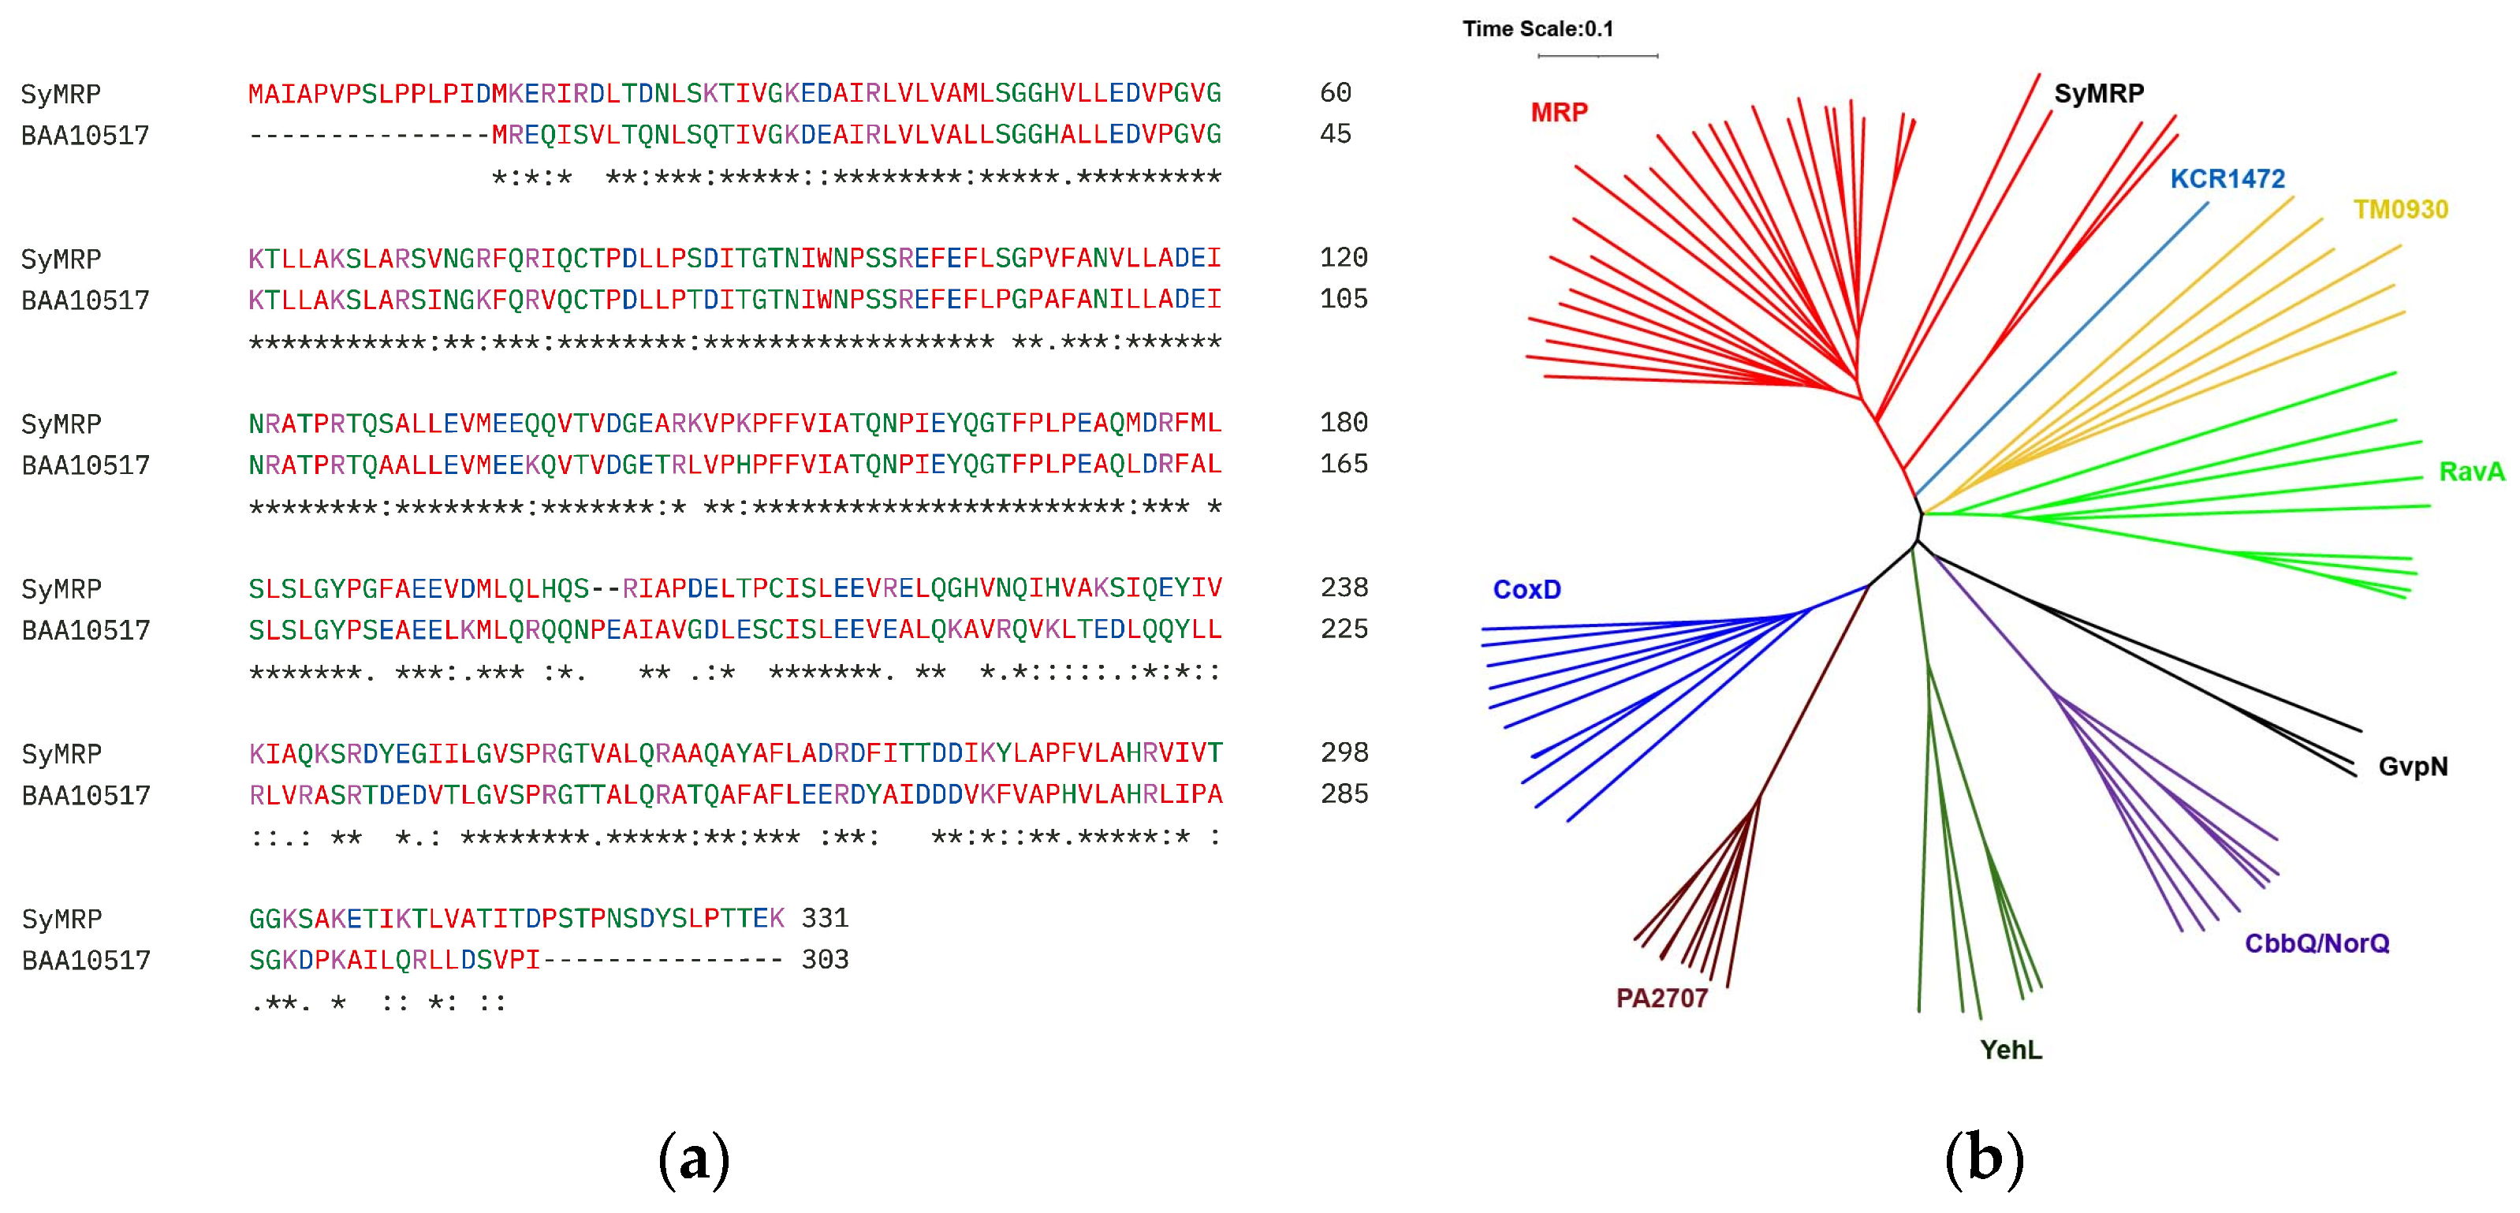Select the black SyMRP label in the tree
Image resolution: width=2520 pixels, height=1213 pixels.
tap(2098, 94)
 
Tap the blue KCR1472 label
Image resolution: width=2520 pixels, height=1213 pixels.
tap(2227, 179)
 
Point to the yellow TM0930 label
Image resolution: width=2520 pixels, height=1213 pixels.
tap(2401, 209)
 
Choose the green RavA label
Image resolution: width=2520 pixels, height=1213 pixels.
tap(2471, 472)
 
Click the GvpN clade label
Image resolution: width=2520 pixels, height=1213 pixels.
tap(2413, 767)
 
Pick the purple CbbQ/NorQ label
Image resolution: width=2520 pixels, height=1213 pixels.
tap(2317, 944)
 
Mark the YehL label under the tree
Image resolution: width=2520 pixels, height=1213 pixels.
tap(2011, 1051)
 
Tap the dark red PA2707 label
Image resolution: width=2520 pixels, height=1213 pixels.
tap(1661, 998)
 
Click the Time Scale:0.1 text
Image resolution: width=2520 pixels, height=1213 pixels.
tap(1538, 29)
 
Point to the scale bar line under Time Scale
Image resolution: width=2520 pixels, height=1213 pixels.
tap(1597, 56)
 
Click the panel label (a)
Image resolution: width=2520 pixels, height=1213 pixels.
tap(694, 1160)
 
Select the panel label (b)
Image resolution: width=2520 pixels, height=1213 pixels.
tap(1984, 1160)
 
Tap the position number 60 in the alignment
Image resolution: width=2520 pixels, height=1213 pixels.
tap(1336, 93)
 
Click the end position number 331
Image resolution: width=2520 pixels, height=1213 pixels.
tap(825, 919)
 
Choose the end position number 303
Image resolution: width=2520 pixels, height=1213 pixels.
tap(825, 960)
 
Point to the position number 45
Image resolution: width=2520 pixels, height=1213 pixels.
tap(1336, 134)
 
